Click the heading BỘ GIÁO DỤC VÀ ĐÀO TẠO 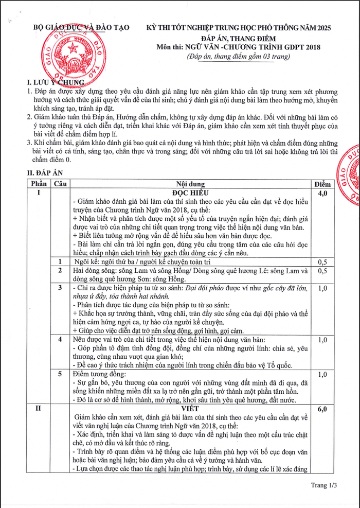pyautogui.click(x=81, y=27)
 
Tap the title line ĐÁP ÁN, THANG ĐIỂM pyautogui.click(x=239, y=39)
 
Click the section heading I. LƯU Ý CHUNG pyautogui.click(x=55, y=82)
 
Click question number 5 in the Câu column pyautogui.click(x=61, y=374)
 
